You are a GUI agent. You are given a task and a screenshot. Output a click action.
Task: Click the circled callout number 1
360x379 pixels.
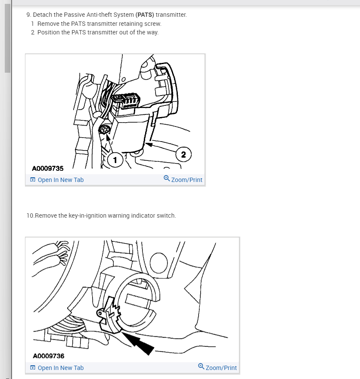point(115,160)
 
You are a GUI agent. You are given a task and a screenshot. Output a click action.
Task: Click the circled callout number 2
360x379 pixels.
point(183,154)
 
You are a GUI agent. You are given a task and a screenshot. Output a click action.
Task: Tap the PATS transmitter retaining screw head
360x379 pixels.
point(105,130)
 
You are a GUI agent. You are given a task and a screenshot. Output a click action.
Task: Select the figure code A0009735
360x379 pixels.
point(48,168)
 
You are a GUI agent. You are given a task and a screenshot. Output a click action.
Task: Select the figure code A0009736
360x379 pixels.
point(49,356)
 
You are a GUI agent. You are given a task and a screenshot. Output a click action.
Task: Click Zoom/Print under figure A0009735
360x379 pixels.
point(187,180)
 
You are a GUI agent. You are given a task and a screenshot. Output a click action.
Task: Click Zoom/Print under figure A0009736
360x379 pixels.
point(221,368)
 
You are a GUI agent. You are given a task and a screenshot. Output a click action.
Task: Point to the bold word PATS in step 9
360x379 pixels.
point(145,15)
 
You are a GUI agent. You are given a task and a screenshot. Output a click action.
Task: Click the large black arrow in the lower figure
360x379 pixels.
point(138,343)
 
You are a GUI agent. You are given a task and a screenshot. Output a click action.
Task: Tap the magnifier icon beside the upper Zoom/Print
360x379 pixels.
point(167,179)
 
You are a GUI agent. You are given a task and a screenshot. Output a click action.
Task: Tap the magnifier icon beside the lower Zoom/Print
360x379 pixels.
point(201,366)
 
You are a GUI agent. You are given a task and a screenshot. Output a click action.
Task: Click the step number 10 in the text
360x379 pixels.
point(30,216)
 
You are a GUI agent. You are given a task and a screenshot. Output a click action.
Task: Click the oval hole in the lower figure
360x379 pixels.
point(158,263)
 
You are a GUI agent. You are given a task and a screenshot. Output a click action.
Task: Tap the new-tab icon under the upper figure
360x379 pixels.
point(33,179)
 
